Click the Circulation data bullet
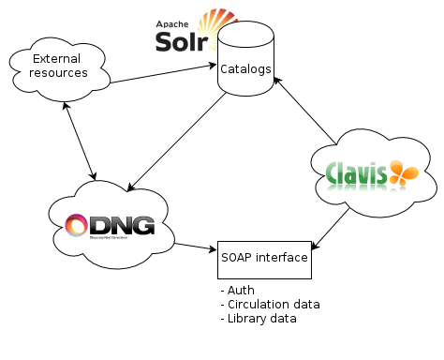pos(270,305)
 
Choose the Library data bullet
pos(259,319)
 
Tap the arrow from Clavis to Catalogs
pos(304,113)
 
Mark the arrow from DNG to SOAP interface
pos(194,247)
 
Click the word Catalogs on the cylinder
pos(246,69)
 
